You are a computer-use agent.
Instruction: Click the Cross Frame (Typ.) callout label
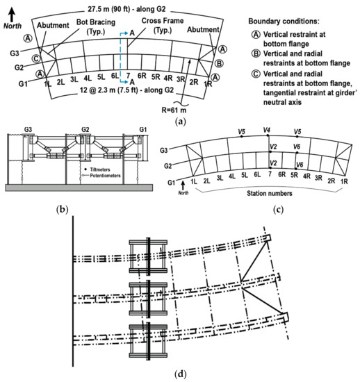[x=163, y=27]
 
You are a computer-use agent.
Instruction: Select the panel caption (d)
[x=180, y=375]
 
